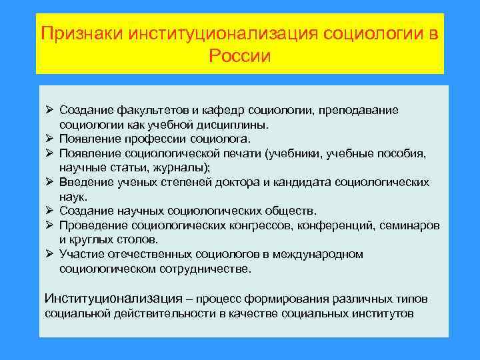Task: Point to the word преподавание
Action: coord(359,109)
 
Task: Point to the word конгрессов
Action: coord(258,225)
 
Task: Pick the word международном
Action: coord(321,254)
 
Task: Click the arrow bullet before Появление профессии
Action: coord(49,139)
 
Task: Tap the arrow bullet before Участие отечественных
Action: coord(49,254)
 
